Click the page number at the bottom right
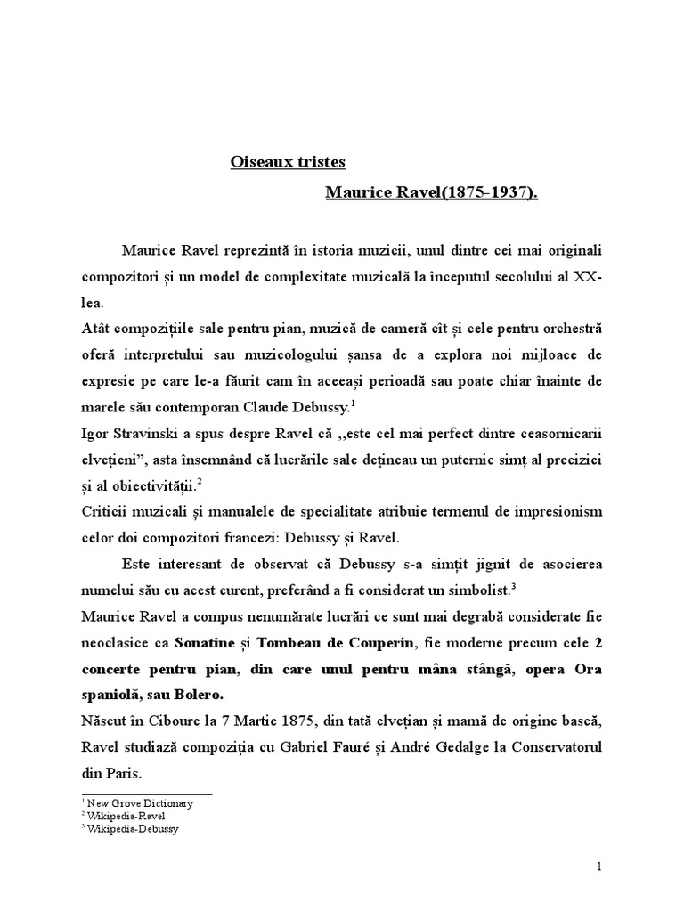point(600,867)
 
